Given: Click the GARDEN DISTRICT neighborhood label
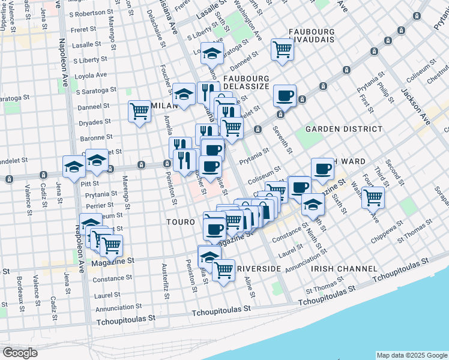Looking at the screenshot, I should point(343,129).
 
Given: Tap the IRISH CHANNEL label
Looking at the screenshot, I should point(345,269).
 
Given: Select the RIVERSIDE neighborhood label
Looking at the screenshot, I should point(259,269).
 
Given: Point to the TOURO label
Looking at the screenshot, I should point(181,222).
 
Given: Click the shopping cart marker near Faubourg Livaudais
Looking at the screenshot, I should point(282,50).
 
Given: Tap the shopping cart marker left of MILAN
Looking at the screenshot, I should point(139,111).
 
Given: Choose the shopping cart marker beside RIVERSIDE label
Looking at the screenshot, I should point(224,269).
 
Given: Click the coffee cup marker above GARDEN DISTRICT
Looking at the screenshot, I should point(285,95).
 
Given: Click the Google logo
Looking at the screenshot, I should point(20,353).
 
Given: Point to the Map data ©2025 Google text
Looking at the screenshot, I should point(411,355).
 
